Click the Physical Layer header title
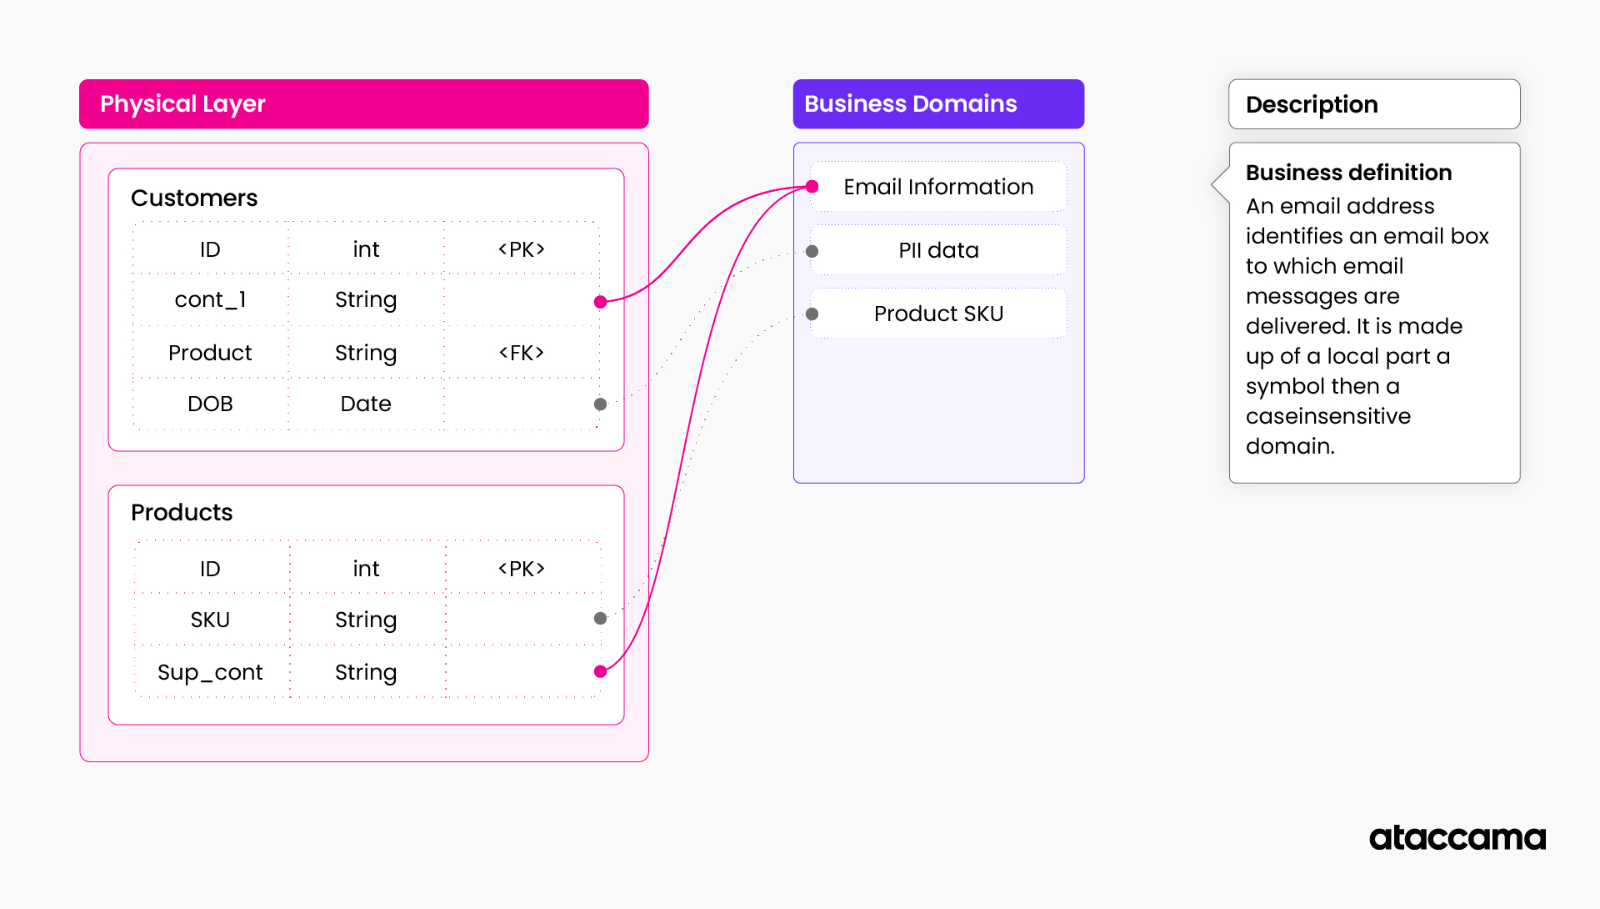(182, 104)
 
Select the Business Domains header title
(910, 104)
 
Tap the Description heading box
(1373, 104)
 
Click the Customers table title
(194, 198)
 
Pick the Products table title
(182, 512)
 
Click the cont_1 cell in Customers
(210, 299)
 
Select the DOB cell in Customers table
(210, 404)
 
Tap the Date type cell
(366, 404)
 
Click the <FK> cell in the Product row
(522, 353)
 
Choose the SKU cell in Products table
(210, 620)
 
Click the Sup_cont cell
(210, 672)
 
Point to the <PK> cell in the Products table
(522, 569)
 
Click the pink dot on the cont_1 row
(600, 302)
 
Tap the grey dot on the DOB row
(600, 404)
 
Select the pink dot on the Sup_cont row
(600, 671)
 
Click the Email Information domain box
(938, 187)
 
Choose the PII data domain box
(938, 250)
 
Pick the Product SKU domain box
(938, 314)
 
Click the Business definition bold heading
(1348, 173)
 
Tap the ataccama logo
(1457, 837)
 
